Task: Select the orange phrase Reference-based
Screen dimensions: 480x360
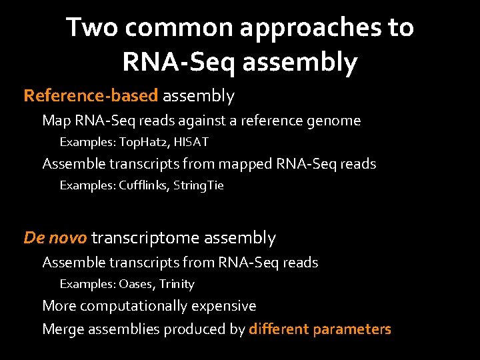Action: tap(91, 96)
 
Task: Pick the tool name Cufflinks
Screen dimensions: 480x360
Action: tap(143, 185)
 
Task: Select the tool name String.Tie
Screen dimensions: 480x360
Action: tap(198, 185)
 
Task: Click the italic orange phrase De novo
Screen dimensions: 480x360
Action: tap(55, 238)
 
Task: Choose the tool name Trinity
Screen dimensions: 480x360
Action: tap(177, 284)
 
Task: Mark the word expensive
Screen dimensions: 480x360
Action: tap(223, 306)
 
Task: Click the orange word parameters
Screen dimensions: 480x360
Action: tap(353, 329)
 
